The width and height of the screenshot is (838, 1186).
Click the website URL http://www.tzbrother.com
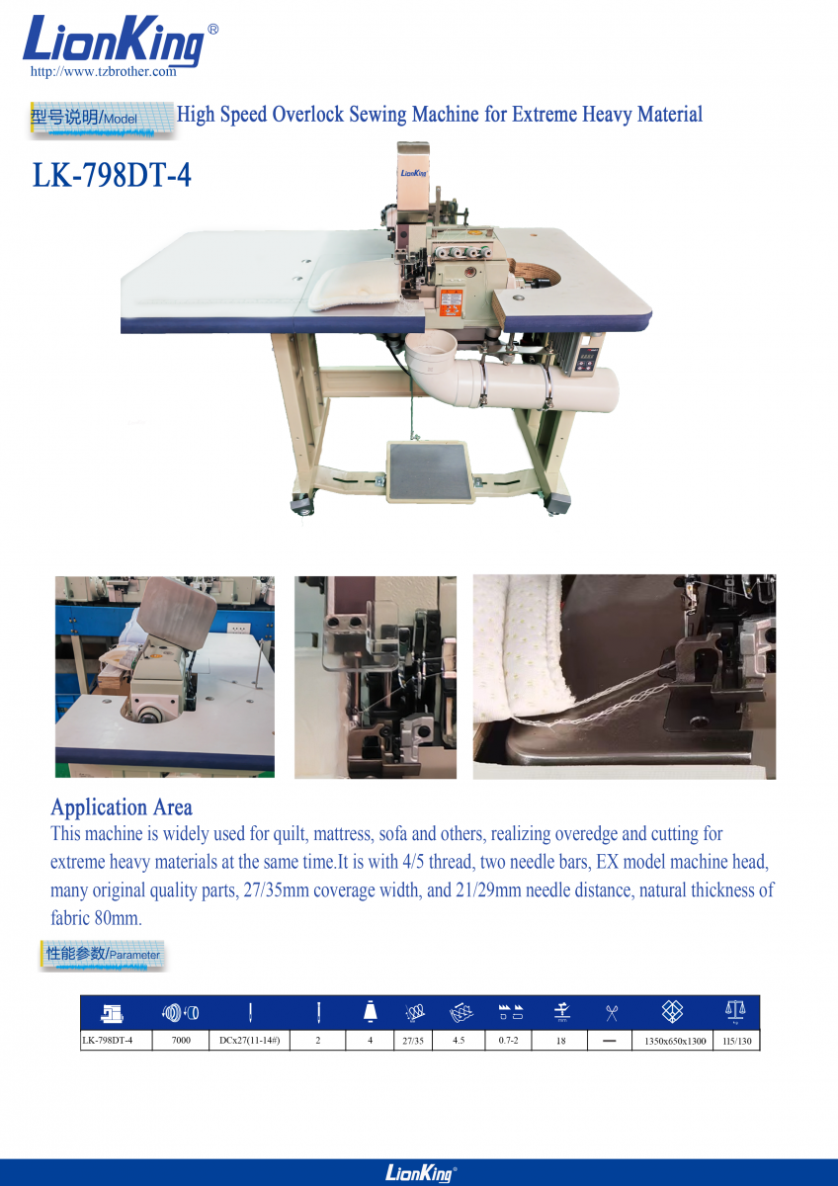pos(103,71)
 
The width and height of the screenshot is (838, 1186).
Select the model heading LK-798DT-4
pos(112,175)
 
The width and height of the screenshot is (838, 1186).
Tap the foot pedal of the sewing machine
pos(429,471)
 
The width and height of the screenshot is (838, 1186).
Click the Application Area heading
pos(122,807)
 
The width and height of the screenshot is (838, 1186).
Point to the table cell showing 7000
pos(181,1041)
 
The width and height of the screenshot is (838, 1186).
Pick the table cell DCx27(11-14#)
pos(249,1041)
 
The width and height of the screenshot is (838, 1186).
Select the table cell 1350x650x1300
pos(675,1041)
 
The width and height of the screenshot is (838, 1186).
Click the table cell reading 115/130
pos(737,1041)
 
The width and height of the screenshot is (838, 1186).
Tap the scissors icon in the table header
pos(612,1013)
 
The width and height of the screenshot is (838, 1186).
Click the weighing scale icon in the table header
pos(735,1011)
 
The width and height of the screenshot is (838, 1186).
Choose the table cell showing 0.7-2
pos(508,1041)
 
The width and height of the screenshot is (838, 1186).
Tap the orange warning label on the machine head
pos(452,302)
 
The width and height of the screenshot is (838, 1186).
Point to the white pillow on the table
pos(356,288)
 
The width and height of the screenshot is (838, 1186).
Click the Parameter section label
pos(103,954)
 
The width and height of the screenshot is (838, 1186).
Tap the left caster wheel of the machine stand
pos(303,504)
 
